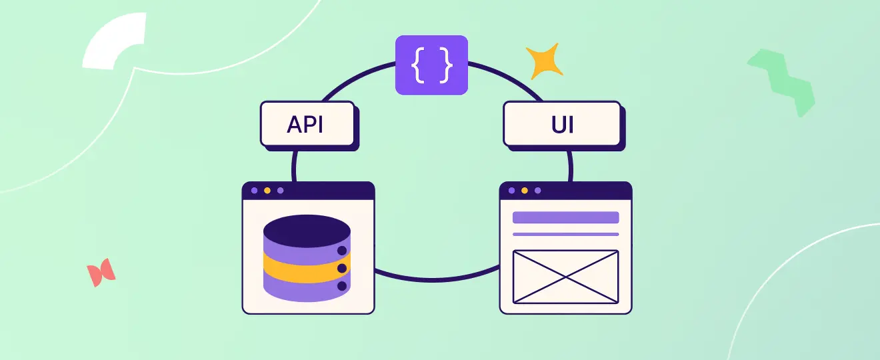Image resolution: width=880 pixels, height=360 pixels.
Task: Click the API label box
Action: tap(307, 123)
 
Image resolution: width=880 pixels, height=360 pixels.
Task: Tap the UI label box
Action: tap(561, 123)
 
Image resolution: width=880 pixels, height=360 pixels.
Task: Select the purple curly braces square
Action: tap(431, 64)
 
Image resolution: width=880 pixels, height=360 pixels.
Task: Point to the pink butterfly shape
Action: tap(101, 273)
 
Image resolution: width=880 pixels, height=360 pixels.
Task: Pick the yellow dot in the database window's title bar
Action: tap(267, 191)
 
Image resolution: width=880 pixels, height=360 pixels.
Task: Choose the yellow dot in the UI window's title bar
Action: tap(525, 191)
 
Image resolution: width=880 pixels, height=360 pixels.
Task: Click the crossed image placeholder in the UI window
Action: tap(565, 276)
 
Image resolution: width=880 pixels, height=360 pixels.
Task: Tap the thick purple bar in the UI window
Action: tap(565, 217)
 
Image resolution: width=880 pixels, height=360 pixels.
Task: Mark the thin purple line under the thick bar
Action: tap(565, 234)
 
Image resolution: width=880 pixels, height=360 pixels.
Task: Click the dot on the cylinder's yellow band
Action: tap(342, 268)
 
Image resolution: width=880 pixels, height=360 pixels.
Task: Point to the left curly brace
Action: tap(418, 65)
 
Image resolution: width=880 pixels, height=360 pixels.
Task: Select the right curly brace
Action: tap(445, 65)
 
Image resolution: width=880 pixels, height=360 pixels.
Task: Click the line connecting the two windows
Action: tap(437, 279)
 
